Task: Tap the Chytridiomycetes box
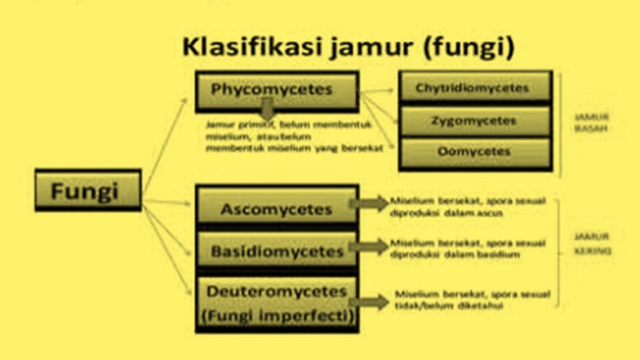click(474, 87)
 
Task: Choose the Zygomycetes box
click(474, 121)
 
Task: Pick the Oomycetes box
click(474, 152)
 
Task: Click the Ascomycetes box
click(276, 208)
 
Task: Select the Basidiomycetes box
click(276, 251)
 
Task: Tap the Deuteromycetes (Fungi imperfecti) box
click(276, 304)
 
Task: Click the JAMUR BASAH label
click(592, 122)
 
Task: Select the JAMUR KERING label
click(592, 244)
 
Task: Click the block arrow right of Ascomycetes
click(371, 203)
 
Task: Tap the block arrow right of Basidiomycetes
click(371, 246)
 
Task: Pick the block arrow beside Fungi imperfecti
click(371, 302)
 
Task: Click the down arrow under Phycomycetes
click(267, 111)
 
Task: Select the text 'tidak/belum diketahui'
click(449, 306)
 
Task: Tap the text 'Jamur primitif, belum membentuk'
click(289, 124)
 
